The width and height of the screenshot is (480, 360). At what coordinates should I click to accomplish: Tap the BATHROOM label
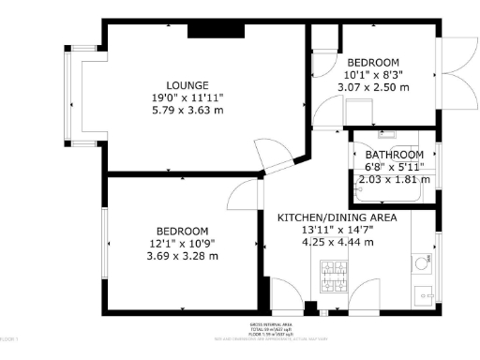pyautogui.click(x=394, y=155)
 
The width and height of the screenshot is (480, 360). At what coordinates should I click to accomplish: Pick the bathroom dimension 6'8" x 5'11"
pyautogui.click(x=394, y=167)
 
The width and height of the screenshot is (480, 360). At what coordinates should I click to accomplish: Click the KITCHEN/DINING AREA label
pyautogui.click(x=337, y=217)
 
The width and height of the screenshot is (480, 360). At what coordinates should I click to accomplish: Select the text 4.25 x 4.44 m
pyautogui.click(x=337, y=242)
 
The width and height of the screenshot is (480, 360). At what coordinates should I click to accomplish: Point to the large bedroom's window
pyautogui.click(x=103, y=243)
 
